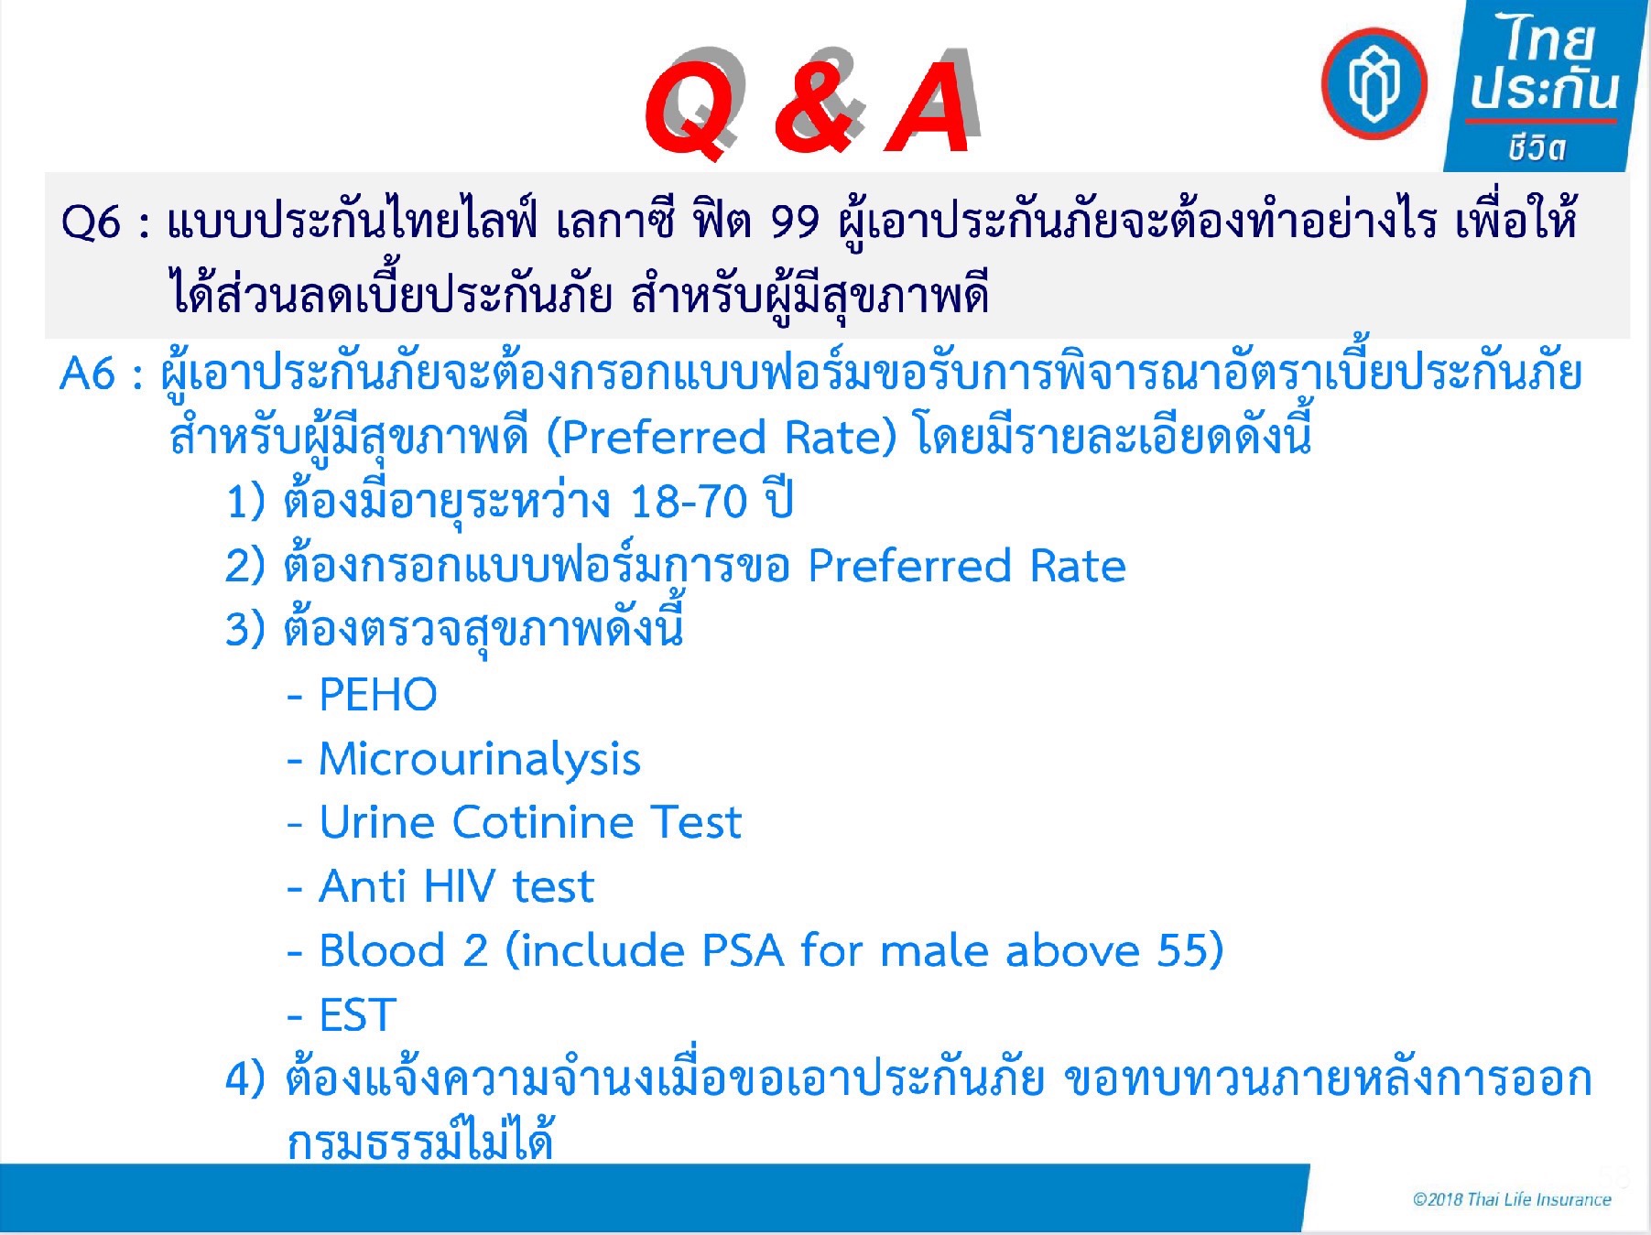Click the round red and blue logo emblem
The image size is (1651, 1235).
tap(1374, 83)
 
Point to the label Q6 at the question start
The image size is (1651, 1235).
tap(92, 222)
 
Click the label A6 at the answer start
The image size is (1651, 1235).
tap(89, 374)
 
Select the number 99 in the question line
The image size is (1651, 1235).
tap(795, 222)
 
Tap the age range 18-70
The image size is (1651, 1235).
tap(689, 502)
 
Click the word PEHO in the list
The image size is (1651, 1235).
tap(378, 695)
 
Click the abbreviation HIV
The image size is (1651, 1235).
tap(460, 886)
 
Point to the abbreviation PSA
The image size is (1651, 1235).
tap(743, 950)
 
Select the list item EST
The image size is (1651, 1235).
tap(357, 1015)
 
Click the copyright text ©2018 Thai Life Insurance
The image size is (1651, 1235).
tap(1512, 1199)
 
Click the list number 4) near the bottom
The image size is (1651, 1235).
tap(245, 1080)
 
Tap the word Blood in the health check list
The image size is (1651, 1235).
tap(382, 950)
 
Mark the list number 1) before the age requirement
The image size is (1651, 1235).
tap(245, 503)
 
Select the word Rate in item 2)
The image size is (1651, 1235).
tap(1078, 567)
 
